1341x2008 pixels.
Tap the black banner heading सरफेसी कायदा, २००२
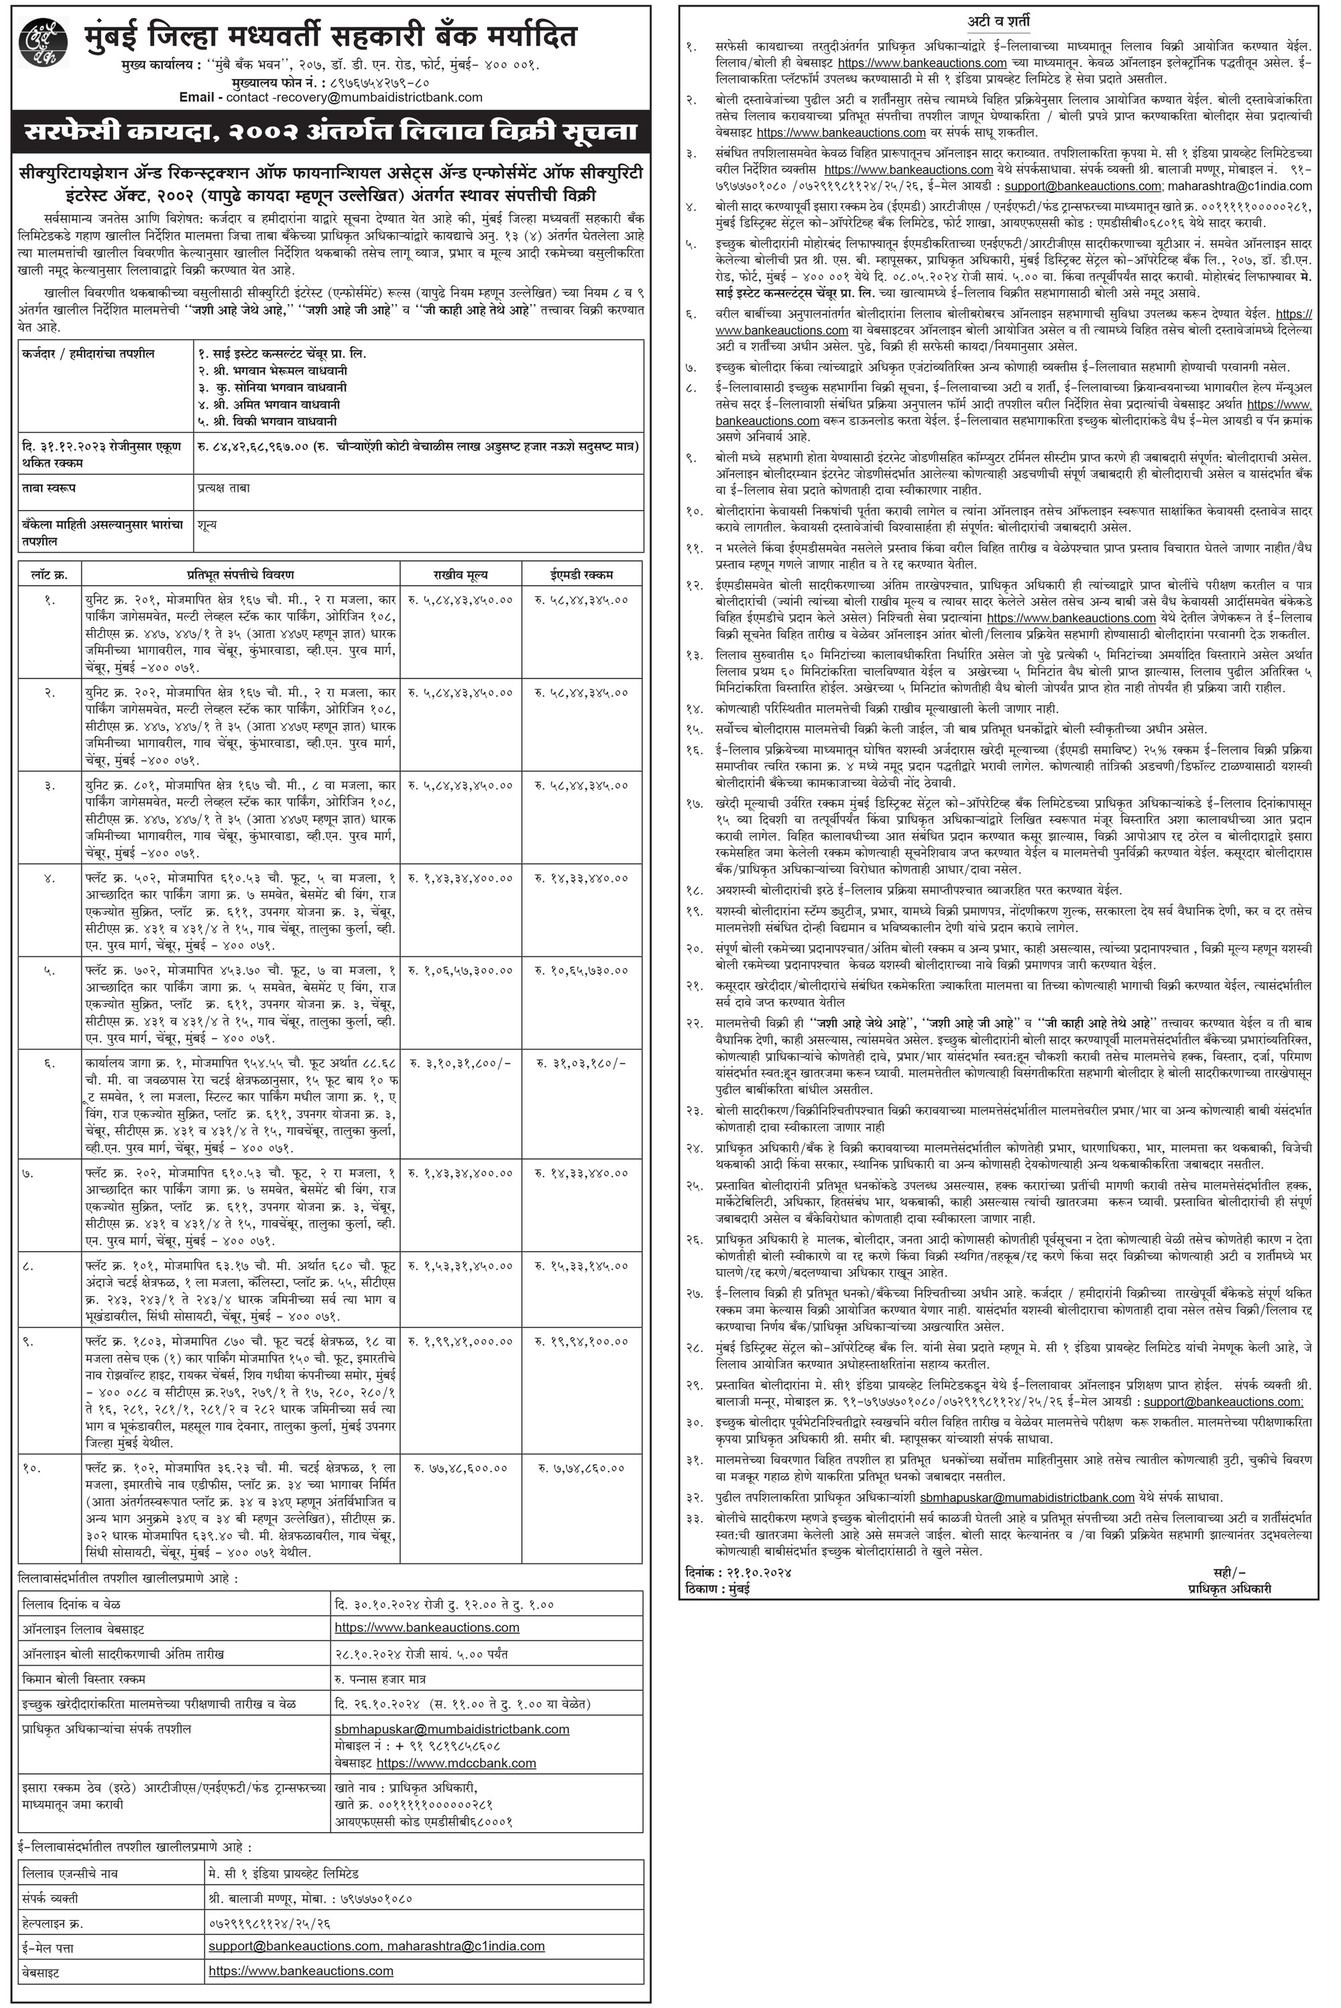click(x=331, y=133)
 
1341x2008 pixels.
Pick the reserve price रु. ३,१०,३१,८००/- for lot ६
click(x=460, y=1063)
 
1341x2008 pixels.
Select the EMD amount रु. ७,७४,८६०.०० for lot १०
click(x=581, y=1468)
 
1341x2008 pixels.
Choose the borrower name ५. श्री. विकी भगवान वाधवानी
click(x=270, y=421)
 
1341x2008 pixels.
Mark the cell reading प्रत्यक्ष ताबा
click(x=223, y=487)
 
